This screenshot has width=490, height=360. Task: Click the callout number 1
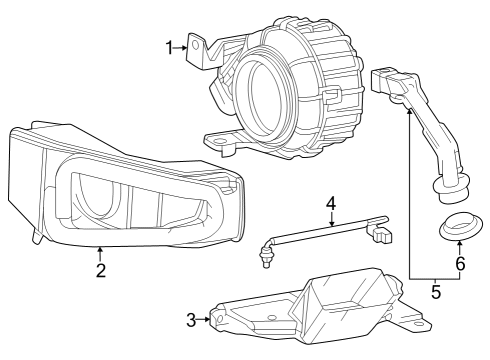(170, 48)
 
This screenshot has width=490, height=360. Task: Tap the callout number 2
(101, 270)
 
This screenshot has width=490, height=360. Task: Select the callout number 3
(191, 320)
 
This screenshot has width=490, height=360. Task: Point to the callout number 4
(331, 203)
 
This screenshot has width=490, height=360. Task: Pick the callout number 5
(436, 292)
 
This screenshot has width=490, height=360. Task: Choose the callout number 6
(460, 264)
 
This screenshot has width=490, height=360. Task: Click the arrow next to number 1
(180, 48)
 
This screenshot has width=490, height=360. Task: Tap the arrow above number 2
(99, 254)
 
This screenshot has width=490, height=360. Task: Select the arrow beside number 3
(203, 320)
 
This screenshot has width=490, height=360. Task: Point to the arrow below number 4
(331, 219)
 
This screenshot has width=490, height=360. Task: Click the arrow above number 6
(460, 248)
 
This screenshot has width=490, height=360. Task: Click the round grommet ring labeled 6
(461, 229)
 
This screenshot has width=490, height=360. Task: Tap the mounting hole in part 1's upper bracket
(196, 45)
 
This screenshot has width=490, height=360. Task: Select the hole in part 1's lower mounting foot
(219, 141)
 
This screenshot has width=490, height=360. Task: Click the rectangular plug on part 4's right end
(383, 236)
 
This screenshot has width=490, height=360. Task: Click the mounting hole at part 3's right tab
(417, 324)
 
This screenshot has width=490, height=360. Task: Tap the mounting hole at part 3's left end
(219, 319)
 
